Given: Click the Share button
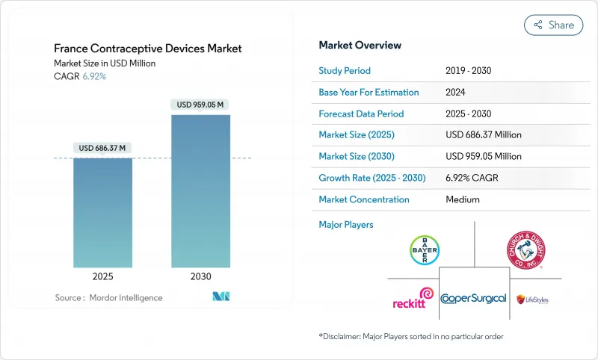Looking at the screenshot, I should (554, 25).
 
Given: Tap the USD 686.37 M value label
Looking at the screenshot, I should (102, 148).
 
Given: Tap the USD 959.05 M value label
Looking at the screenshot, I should (200, 105).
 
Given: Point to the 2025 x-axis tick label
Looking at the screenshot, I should (102, 276).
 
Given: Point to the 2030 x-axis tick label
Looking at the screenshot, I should (200, 276).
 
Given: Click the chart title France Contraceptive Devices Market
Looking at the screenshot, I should (147, 49).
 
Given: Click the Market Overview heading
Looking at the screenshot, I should (360, 46).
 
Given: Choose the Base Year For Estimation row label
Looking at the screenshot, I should (369, 92).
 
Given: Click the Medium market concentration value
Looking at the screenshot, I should (462, 199).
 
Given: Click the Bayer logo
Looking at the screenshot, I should (424, 249).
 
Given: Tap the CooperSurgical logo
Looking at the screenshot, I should (473, 298).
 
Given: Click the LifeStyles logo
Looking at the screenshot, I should (532, 298).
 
